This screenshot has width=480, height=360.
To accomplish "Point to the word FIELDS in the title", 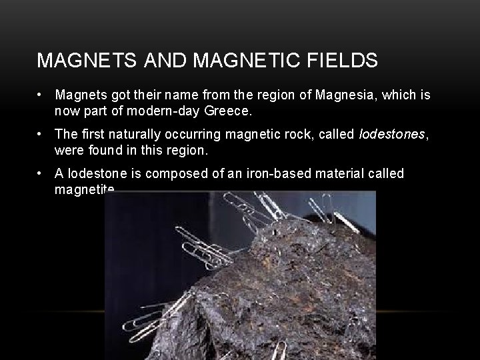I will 345,61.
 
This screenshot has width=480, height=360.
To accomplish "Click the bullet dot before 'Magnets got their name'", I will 41,95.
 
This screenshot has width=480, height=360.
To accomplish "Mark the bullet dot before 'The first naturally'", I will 41,135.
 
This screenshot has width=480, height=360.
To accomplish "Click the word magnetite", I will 85,189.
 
